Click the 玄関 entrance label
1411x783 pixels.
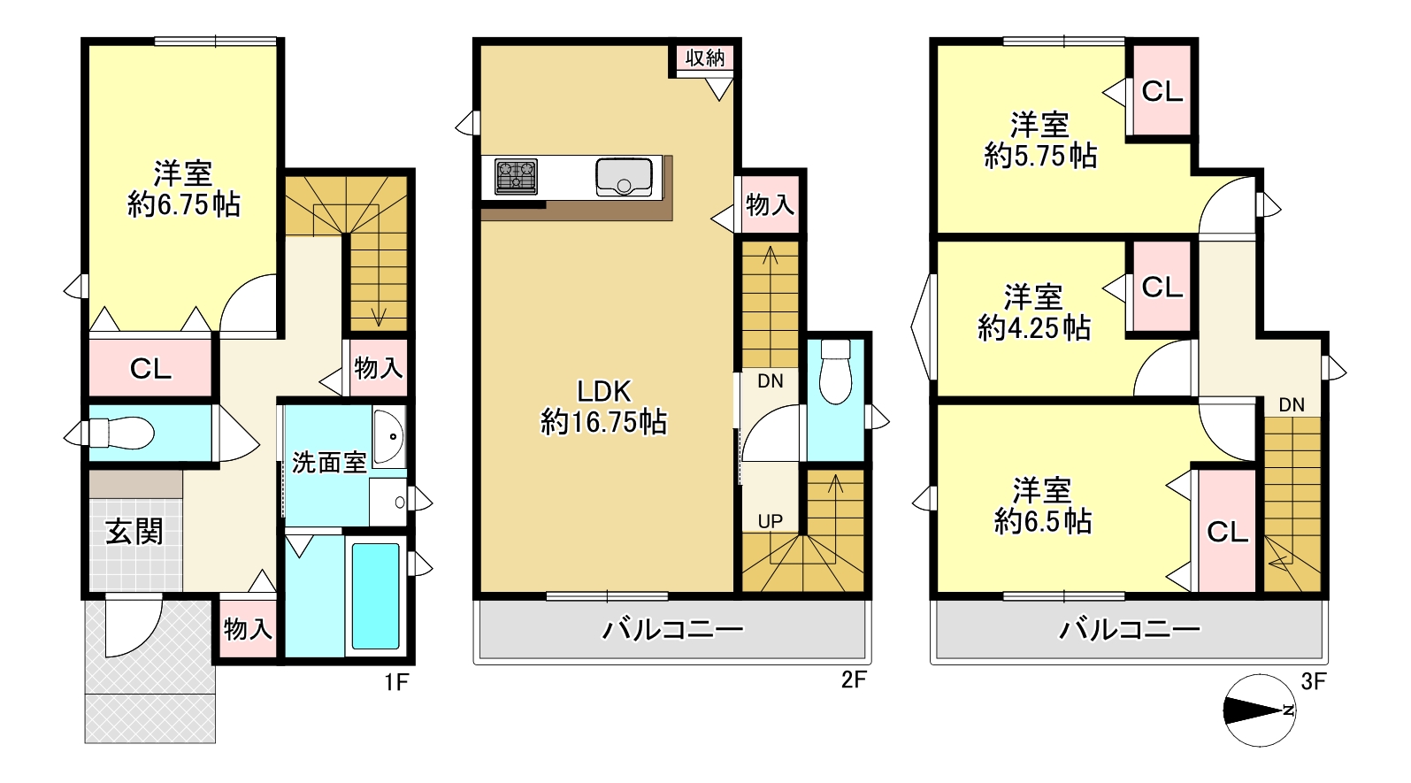134,533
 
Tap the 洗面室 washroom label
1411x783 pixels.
329,463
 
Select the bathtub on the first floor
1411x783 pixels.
375,596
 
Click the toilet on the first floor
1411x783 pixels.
122,433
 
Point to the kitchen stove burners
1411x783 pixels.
516,176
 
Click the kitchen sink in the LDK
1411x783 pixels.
624,178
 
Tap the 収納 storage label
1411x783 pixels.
705,58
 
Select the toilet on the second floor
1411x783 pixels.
835,372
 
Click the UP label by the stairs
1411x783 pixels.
770,522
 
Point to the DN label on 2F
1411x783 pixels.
770,381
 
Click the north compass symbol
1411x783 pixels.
1259,710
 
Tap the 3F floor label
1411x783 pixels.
1314,681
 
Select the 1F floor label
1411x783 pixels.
397,681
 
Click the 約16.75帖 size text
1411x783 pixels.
603,422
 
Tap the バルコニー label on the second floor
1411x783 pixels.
672,629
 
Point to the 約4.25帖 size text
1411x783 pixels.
1033,328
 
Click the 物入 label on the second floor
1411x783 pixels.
770,204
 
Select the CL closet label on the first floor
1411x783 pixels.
150,369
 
